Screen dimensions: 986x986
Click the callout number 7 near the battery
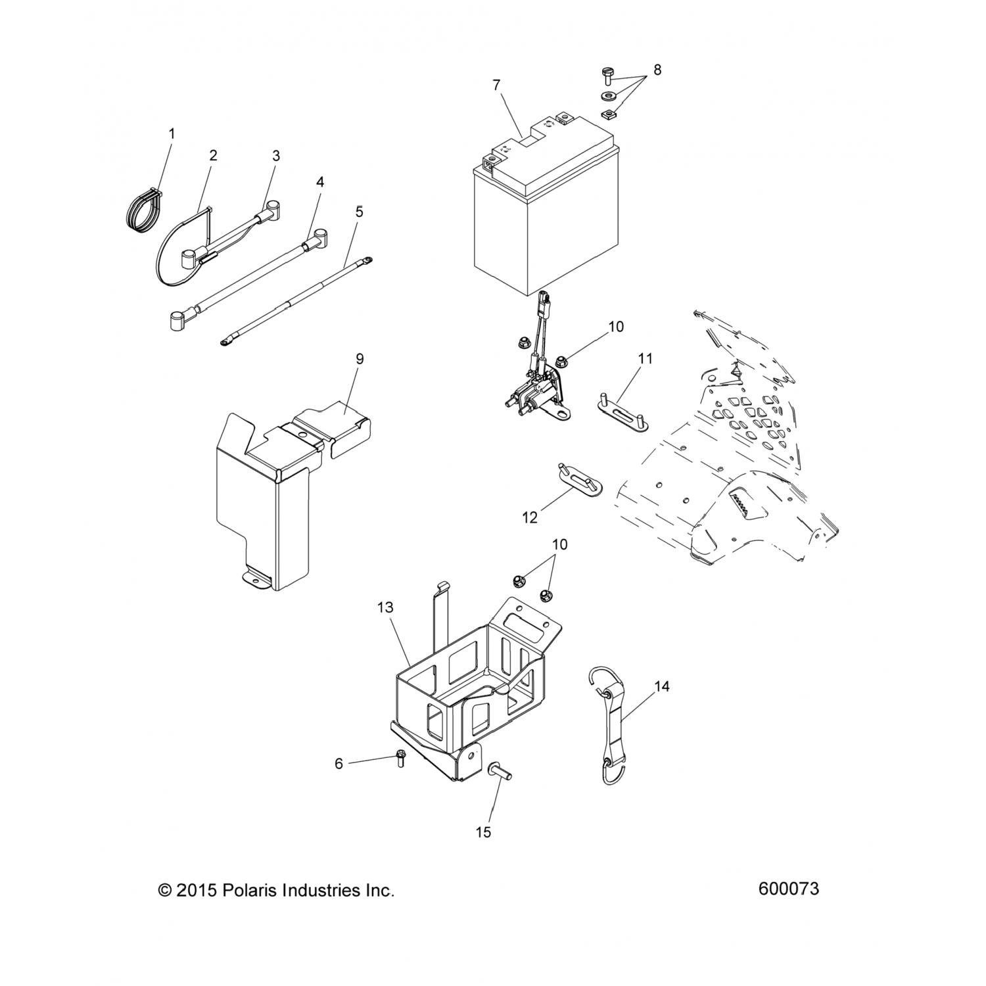click(x=496, y=85)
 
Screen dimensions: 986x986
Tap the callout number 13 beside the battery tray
click(x=385, y=608)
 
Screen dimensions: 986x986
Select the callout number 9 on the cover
click(x=360, y=359)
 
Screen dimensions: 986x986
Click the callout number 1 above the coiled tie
click(x=172, y=133)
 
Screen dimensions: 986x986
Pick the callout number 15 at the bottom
click(x=483, y=832)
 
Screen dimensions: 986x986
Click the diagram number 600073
click(x=788, y=889)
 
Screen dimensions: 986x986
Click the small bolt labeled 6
click(x=400, y=759)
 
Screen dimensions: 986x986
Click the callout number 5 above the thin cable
click(x=359, y=212)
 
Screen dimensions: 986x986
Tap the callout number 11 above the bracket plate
click(x=645, y=359)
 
